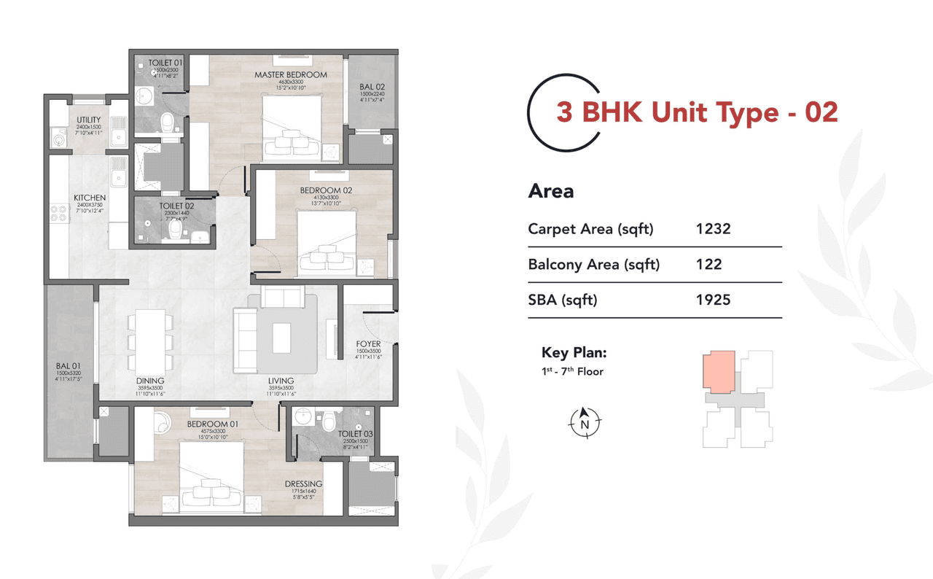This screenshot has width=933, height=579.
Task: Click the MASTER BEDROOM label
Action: pos(290,74)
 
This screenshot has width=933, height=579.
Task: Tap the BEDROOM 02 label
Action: pos(326,190)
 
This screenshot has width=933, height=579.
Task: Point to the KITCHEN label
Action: pos(90,198)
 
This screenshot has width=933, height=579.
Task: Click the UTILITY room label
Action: pos(89,120)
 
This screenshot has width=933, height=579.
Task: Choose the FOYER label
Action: pos(368,344)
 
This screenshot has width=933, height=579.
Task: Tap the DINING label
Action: pos(150,381)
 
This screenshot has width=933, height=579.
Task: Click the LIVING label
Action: pos(281,381)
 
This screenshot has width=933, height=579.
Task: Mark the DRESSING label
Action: pos(303,484)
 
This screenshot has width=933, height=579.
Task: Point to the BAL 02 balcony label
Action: pos(371,88)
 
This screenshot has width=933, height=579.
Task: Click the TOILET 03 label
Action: pos(355,435)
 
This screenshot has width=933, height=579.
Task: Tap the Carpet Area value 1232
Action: pos(713,229)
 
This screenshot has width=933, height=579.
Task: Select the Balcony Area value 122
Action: pos(708,264)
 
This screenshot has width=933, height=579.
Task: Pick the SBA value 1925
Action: pos(713,300)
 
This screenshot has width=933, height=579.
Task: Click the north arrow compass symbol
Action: pos(585,423)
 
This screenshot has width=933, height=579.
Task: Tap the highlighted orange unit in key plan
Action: pos(719,372)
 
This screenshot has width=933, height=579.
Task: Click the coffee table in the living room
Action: pos(282,338)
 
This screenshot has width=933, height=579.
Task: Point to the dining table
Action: pos(150,339)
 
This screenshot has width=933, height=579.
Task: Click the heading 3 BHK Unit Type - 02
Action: pos(697,112)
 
